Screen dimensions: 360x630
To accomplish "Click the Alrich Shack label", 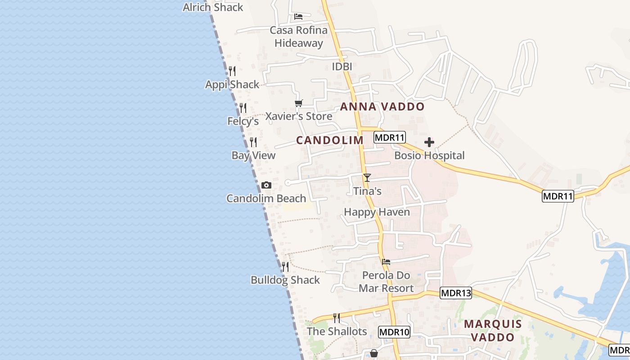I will tap(213, 7).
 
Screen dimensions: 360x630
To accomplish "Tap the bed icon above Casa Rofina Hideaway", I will tap(298, 17).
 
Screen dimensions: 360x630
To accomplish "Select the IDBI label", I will tap(342, 67).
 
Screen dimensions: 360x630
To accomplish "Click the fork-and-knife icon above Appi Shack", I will tap(232, 71).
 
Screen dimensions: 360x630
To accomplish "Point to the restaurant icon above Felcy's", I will tap(243, 108).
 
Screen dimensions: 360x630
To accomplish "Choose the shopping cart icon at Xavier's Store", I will tap(299, 103).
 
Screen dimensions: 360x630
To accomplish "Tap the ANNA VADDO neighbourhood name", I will tap(382, 107).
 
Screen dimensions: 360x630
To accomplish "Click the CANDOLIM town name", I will tap(330, 140).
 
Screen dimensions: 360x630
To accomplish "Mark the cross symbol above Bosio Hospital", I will tap(429, 142).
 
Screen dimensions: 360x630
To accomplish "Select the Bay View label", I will tap(253, 155).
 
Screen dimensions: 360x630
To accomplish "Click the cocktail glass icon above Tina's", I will tap(367, 177).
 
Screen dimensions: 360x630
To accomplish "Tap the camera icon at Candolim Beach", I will tap(266, 185).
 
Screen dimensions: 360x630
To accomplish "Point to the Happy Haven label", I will tap(377, 212).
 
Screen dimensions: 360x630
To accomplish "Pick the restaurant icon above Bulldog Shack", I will tap(285, 267).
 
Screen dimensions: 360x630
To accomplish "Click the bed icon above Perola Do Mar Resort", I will tap(386, 261).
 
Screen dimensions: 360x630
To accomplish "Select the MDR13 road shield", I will tap(456, 293).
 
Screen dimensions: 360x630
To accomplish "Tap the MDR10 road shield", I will tap(394, 332).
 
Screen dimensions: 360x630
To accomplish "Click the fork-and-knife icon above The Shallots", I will tap(337, 318).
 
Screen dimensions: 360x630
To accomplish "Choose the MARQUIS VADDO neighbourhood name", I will tap(493, 330).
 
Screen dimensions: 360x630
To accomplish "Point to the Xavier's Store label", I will tap(299, 116).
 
